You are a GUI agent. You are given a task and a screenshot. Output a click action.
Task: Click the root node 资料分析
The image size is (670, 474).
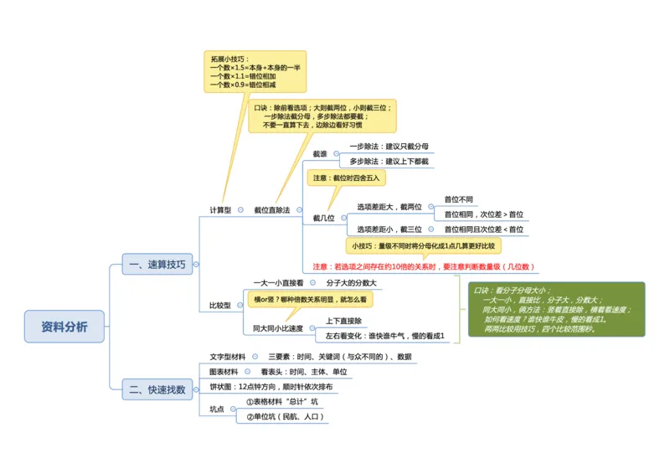coord(64,327)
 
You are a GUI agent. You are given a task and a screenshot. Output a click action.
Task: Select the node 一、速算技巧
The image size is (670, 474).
coord(157,265)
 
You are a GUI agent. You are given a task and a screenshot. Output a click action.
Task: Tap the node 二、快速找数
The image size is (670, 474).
coord(157,389)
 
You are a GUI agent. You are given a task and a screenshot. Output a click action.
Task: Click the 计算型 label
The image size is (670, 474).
coord(220,210)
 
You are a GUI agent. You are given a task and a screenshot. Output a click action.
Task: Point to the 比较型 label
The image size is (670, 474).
coord(220,306)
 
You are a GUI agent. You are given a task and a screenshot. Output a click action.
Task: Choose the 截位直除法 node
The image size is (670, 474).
coord(272,210)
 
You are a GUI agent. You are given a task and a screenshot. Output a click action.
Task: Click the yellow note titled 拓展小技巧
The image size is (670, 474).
coord(255,72)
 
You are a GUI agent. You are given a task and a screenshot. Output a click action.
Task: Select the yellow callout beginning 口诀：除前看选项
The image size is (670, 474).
coord(322,116)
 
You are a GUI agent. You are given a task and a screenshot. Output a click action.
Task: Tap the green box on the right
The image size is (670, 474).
coord(556,309)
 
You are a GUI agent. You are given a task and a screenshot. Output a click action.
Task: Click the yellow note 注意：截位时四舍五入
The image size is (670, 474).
coord(346,178)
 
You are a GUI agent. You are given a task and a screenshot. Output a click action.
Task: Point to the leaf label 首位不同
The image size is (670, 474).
coord(458,199)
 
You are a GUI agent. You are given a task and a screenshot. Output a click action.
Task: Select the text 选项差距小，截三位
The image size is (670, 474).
coord(389,229)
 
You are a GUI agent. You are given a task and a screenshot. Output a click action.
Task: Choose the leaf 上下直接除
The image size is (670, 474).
coord(343,321)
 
